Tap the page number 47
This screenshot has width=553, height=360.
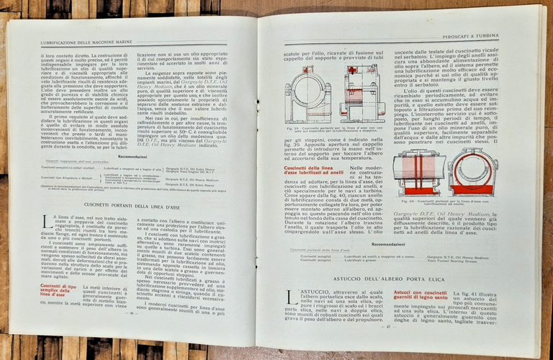tap(389, 328)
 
